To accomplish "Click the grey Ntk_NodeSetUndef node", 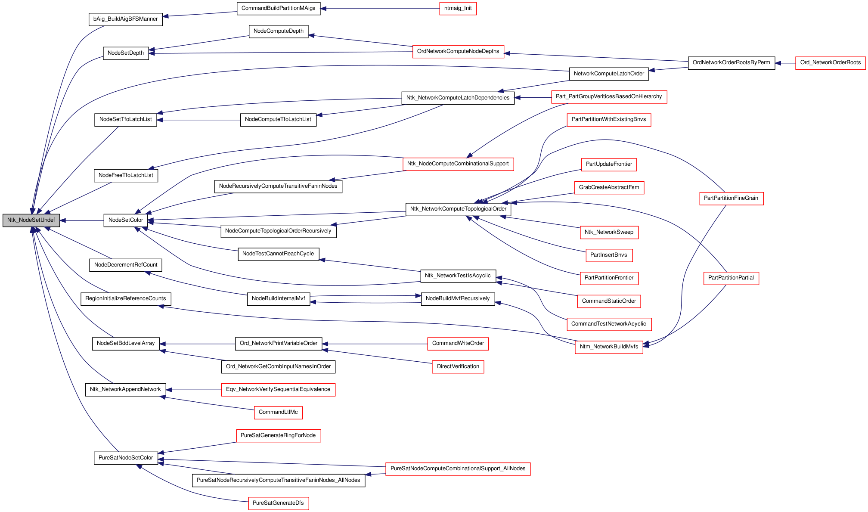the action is [31, 220].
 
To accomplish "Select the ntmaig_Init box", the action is [458, 8].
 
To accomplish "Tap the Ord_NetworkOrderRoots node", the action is [830, 62].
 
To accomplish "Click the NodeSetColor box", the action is [126, 220].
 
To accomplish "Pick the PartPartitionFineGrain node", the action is [731, 198].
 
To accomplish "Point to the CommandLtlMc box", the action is [278, 412].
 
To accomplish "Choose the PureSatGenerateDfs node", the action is [279, 503].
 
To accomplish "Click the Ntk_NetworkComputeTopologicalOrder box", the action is [459, 209].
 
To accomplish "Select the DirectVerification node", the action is [458, 366].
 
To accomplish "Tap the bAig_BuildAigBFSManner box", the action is [126, 19].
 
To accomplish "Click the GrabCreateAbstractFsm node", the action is [609, 187].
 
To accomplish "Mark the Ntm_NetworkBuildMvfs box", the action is [609, 347].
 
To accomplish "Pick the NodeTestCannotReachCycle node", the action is [278, 254].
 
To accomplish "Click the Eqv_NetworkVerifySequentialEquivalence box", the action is [278, 389].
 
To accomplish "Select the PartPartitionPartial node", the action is [731, 278].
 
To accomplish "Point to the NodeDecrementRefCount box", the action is [126, 265].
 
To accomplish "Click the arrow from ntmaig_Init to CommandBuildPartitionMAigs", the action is [380, 9].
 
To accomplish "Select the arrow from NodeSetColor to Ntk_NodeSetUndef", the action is [82, 220].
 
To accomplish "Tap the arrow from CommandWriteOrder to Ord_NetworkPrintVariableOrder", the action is [375, 344].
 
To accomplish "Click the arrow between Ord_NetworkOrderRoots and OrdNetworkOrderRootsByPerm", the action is [785, 63].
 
